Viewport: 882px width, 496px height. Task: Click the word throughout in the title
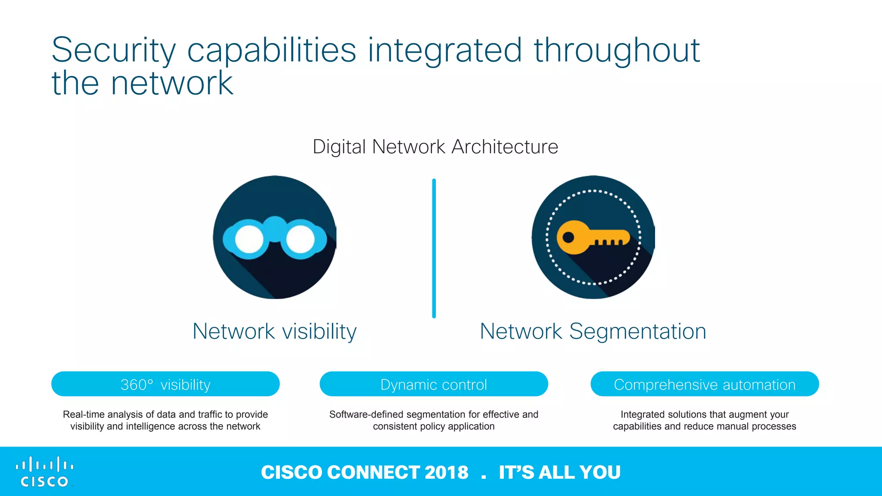coord(617,51)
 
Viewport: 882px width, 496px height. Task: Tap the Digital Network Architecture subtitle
coord(435,147)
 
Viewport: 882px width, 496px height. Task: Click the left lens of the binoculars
coord(249,239)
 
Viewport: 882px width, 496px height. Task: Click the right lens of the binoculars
coord(300,239)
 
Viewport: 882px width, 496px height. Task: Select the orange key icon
coord(593,237)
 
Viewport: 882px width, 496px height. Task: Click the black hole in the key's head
coord(568,237)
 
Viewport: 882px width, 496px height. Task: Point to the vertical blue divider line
coord(434,248)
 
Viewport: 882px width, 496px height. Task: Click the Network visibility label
coord(274,332)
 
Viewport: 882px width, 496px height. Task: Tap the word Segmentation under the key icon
coord(637,332)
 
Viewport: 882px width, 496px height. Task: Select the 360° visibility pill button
coord(165,384)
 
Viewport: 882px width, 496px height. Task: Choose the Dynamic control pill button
coord(434,384)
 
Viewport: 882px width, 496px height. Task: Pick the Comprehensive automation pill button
coord(705,384)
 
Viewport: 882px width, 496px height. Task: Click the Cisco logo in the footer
coord(44,472)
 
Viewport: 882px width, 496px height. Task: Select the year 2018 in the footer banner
coord(446,472)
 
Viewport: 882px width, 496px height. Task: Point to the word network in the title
coord(172,84)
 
